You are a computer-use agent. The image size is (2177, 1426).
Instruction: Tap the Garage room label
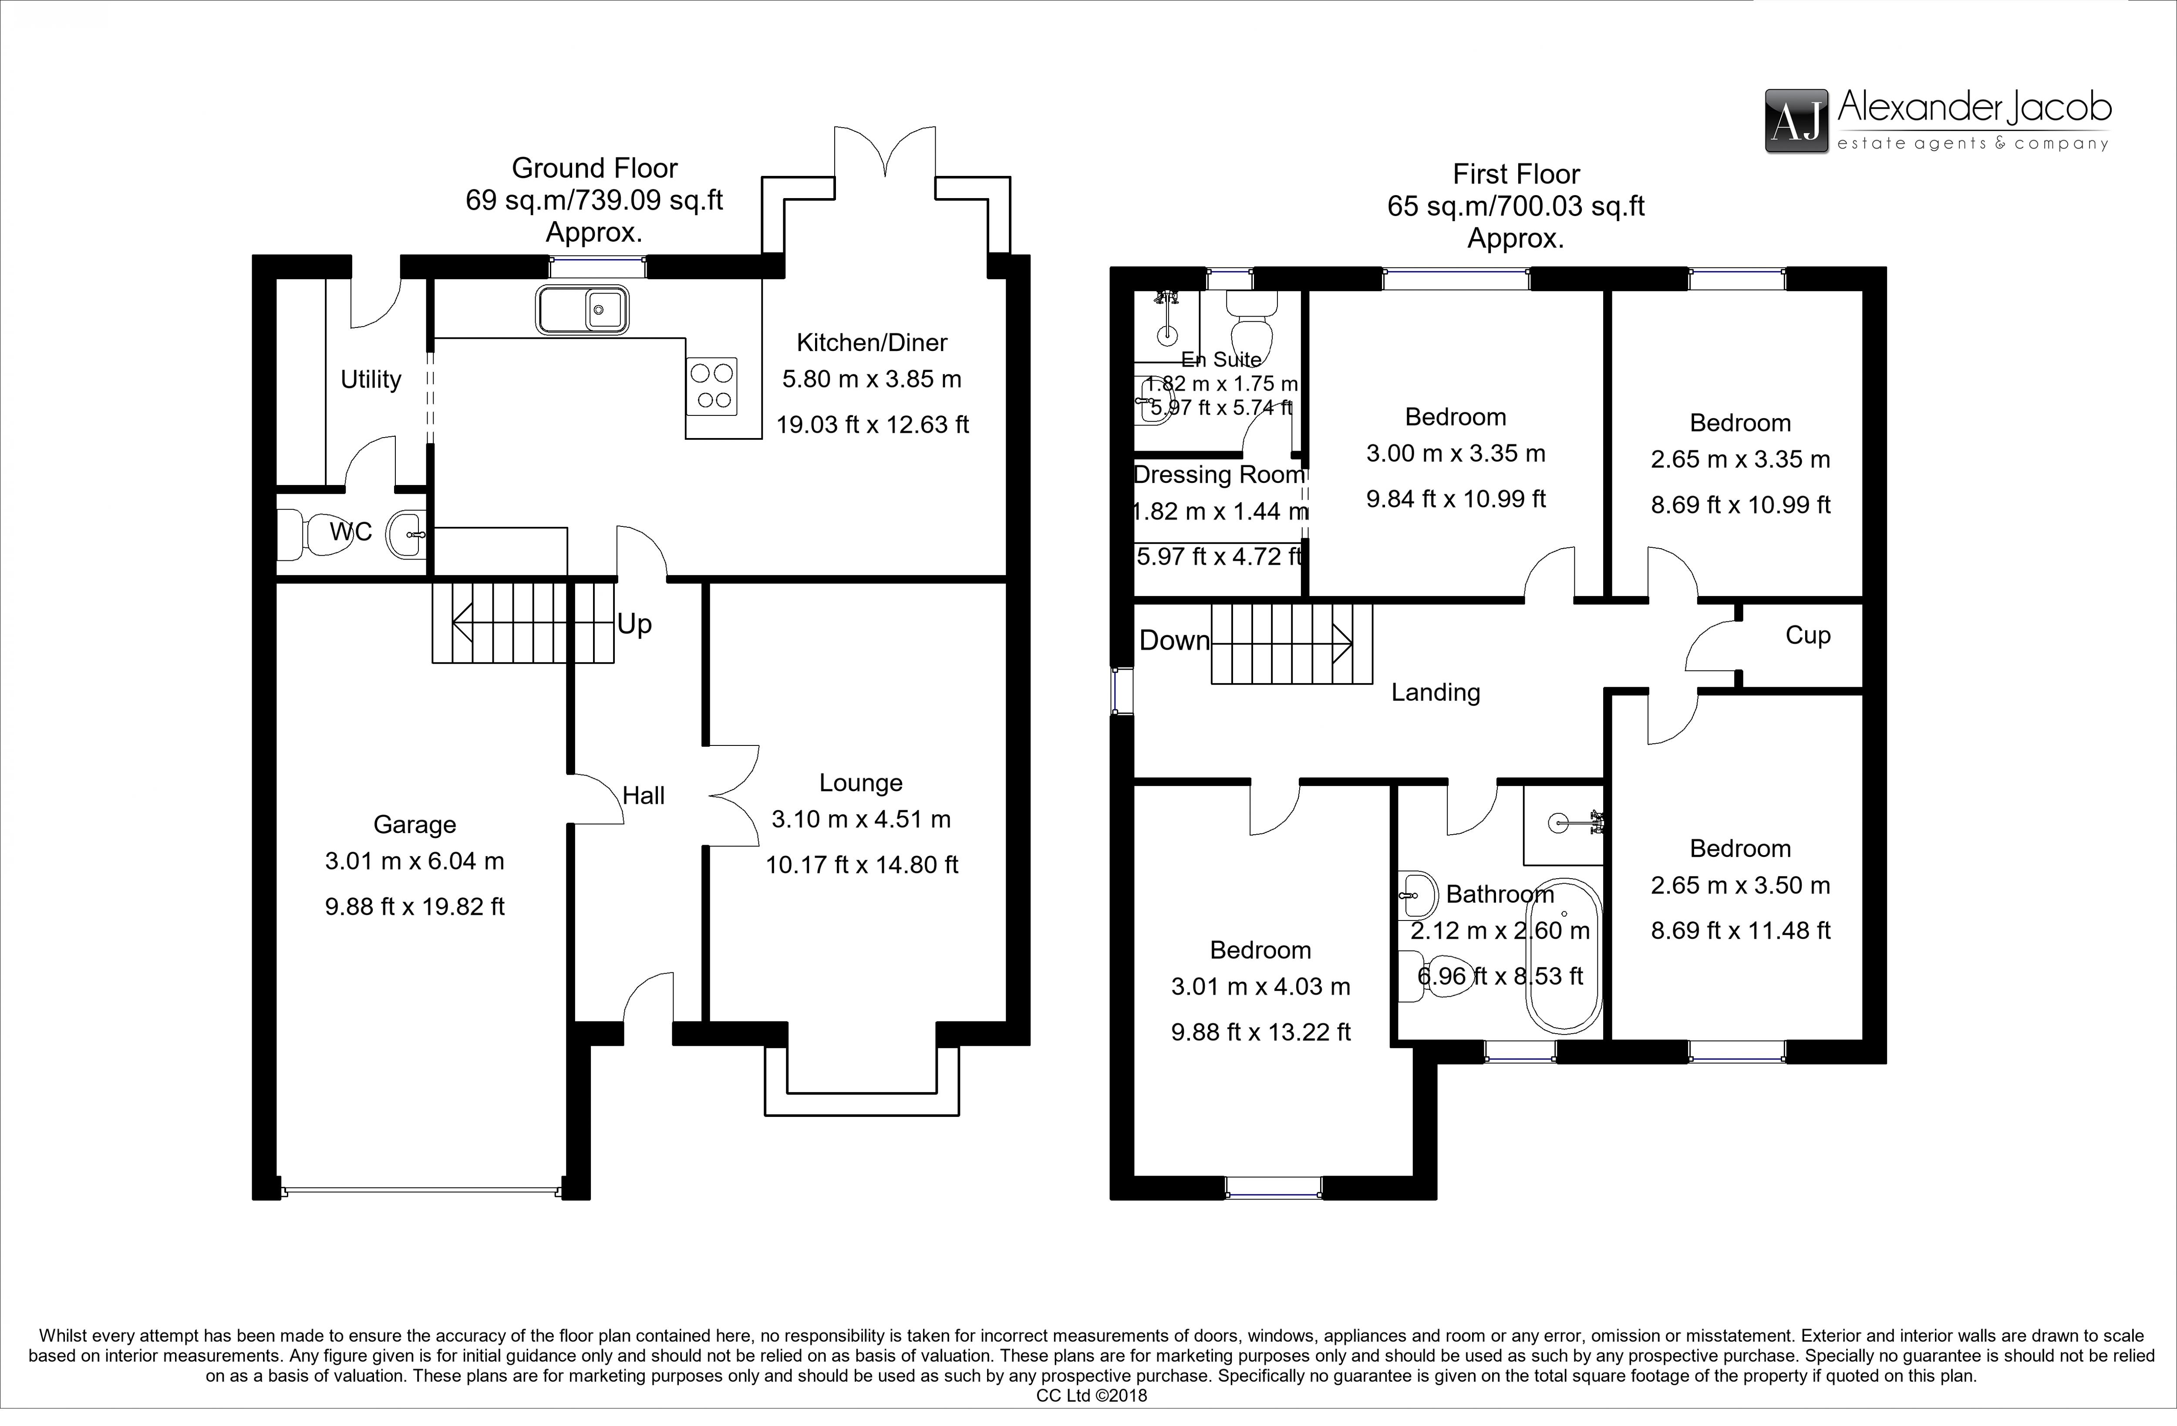[x=415, y=825]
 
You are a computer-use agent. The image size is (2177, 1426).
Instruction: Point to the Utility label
[x=371, y=380]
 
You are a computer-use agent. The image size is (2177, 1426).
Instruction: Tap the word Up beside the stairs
[x=634, y=625]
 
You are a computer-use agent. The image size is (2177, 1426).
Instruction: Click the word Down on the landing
[x=1173, y=640]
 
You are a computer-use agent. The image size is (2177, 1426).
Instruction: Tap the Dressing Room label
[x=1219, y=475]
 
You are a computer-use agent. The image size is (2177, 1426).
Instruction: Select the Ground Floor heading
[x=595, y=169]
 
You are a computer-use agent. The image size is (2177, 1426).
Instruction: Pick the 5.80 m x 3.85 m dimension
[x=872, y=380]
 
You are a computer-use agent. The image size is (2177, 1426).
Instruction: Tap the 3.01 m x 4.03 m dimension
[x=1260, y=987]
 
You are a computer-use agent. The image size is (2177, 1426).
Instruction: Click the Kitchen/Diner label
[x=872, y=343]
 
